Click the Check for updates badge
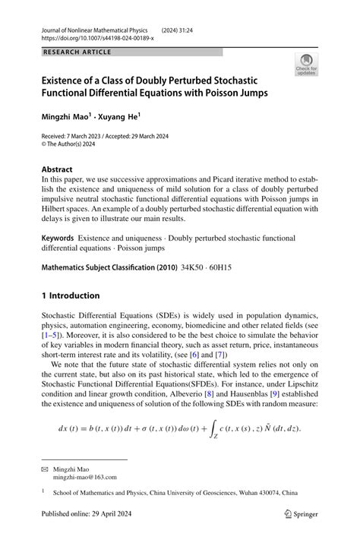click(x=306, y=64)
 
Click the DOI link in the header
click(x=97, y=37)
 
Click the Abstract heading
click(x=57, y=169)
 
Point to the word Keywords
click(x=58, y=238)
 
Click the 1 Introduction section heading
click(x=71, y=295)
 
